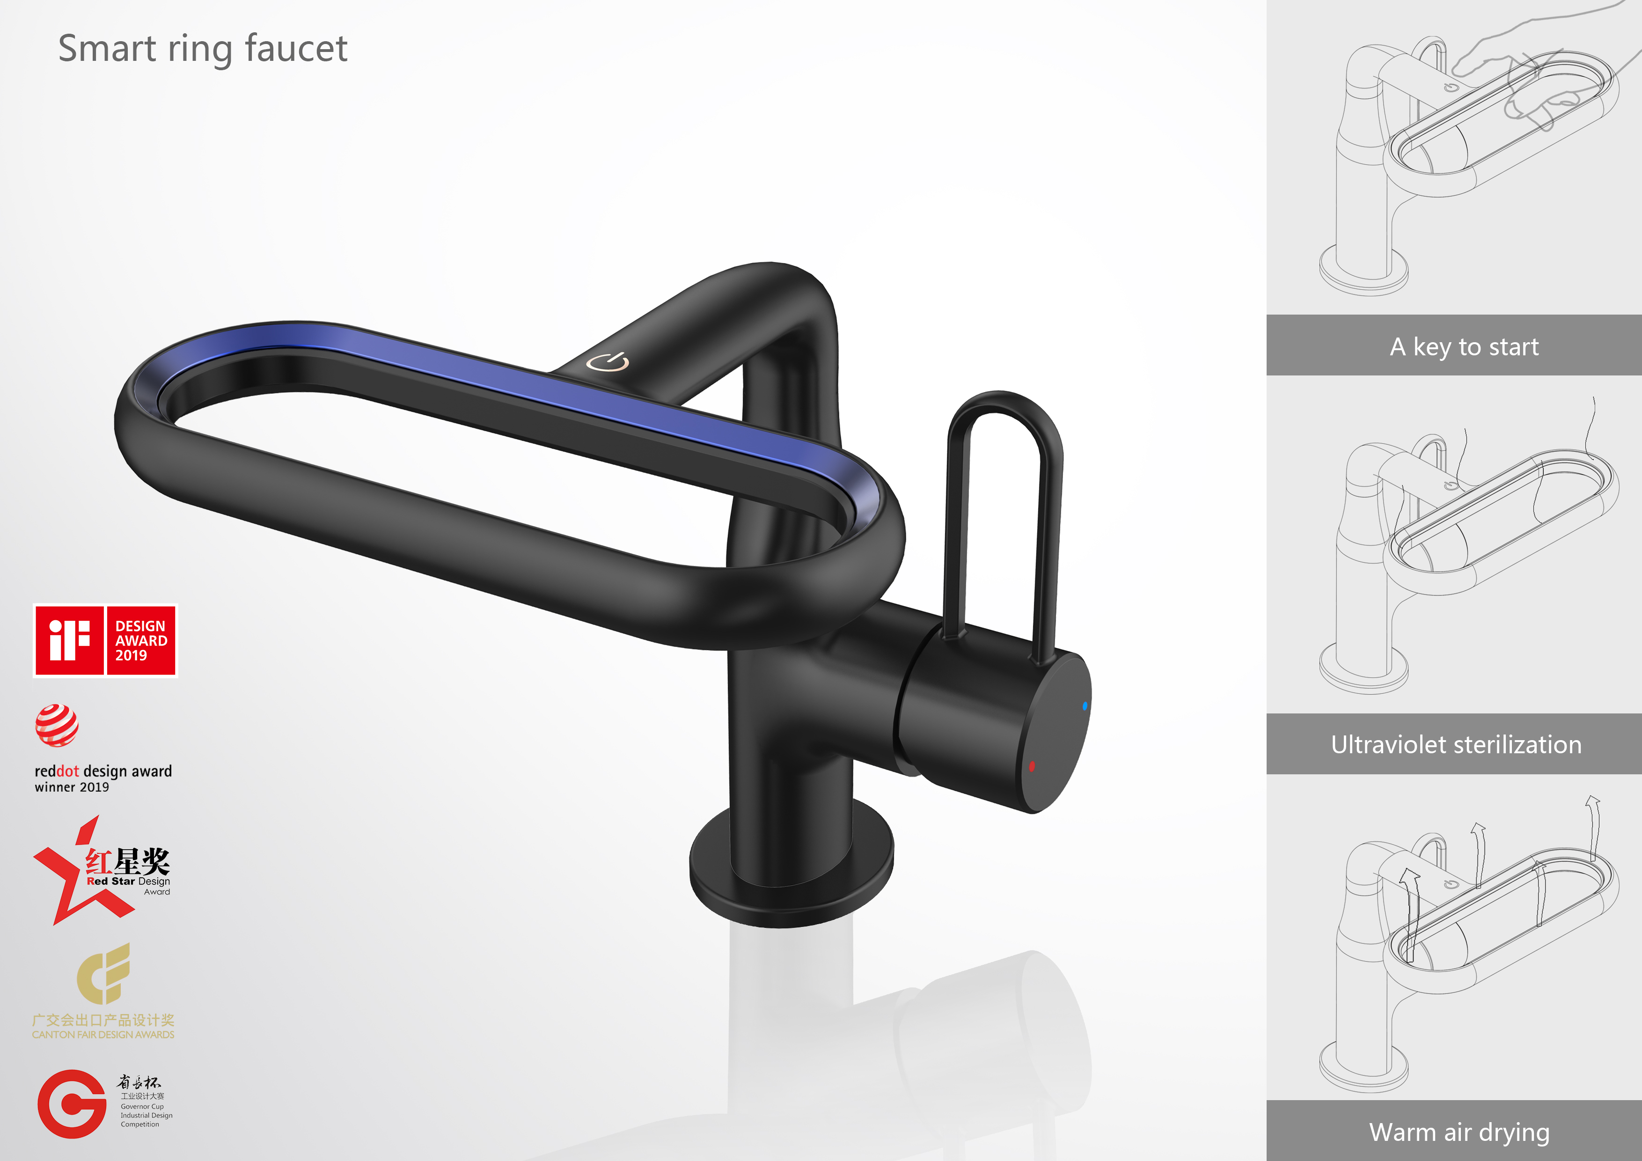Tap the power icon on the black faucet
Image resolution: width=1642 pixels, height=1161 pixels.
click(x=608, y=362)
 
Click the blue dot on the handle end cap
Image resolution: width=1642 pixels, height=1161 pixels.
click(x=1085, y=706)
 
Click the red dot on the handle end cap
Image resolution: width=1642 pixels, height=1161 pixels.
click(x=1031, y=766)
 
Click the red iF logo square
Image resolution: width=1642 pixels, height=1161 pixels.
click(x=69, y=640)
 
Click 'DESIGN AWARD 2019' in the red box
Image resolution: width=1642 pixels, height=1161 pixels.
click(x=141, y=640)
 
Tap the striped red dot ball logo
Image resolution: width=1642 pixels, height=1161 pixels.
click(x=57, y=725)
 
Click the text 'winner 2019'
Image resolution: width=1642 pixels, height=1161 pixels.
click(x=72, y=787)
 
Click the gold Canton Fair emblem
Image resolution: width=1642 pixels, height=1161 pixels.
click(x=104, y=974)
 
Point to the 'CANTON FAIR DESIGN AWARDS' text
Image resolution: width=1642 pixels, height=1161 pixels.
click(x=103, y=1035)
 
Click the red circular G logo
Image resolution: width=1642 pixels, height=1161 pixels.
click(x=72, y=1104)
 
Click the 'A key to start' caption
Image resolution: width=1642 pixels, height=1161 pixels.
click(x=1464, y=347)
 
